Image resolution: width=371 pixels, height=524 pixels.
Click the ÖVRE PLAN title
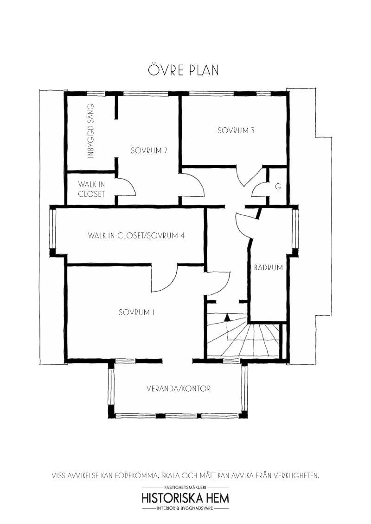[x=184, y=70]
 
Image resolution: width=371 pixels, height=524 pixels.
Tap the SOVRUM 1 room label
[x=137, y=312]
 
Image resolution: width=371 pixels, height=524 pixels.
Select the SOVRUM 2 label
[x=149, y=150]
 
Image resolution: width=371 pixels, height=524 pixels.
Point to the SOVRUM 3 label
[x=236, y=131]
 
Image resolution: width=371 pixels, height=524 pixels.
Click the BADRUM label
[x=268, y=268]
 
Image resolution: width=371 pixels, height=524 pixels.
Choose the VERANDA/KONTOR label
[x=179, y=389]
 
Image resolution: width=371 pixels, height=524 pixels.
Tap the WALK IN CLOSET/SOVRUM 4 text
[x=136, y=235]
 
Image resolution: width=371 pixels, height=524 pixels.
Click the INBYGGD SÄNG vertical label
[x=91, y=131]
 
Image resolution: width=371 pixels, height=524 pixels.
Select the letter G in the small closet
[x=278, y=187]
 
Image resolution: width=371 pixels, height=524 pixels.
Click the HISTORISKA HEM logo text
[x=185, y=498]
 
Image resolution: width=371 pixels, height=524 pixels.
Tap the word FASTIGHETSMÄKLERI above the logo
[x=185, y=488]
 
